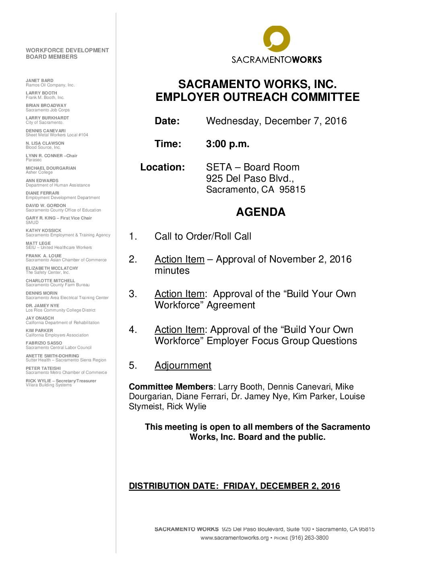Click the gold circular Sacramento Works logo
coord(277,39)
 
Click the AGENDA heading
coord(260,212)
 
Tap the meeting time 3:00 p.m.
coord(227,144)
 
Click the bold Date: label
coord(167,121)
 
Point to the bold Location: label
coord(162,167)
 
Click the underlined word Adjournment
coord(183,365)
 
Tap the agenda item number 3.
coord(133,294)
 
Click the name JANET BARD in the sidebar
coord(39,80)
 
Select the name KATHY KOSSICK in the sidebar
coord(43,230)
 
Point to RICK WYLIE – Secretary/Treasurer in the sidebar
coord(61,381)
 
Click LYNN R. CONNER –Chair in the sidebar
coord(52,156)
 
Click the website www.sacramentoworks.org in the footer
coord(234,537)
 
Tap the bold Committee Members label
coord(171,387)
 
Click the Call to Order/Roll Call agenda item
coord(203,236)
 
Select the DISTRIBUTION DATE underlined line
coord(234,486)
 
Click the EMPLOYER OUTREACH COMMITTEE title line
coord(257,97)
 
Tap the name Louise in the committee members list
coord(352,396)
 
